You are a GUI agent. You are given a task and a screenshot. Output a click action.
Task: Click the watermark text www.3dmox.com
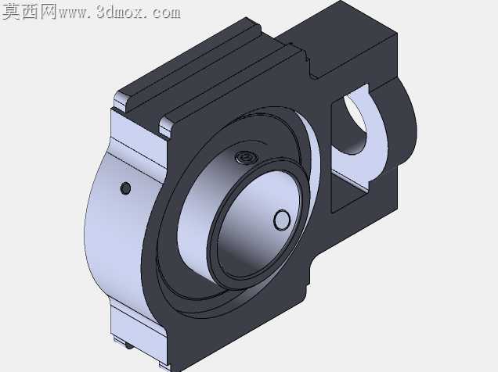coord(120,13)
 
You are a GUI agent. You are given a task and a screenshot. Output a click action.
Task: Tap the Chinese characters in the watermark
coord(30,12)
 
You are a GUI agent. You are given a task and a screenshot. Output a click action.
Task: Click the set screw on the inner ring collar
coord(246,156)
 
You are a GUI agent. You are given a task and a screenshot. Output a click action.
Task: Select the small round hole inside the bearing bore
coord(282,220)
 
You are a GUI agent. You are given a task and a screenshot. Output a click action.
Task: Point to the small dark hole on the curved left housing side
coord(126,188)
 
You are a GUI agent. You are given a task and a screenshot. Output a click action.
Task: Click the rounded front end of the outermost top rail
coord(121,100)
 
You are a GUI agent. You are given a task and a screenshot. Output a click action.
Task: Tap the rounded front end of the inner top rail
coord(166,127)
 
